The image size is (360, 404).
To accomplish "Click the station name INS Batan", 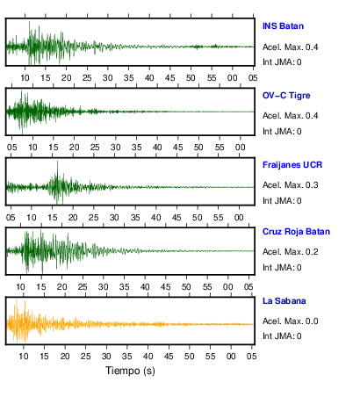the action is coord(283,26).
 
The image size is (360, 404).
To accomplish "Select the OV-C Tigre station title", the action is coord(286,96).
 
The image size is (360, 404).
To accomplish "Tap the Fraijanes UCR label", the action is coord(292,165).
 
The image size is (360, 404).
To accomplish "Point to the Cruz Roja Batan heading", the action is coord(296,232).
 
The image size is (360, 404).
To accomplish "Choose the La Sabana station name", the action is coord(284,301).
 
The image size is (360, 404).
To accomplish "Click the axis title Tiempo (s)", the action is coord(130,371).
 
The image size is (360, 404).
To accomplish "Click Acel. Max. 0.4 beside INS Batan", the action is coord(290,47).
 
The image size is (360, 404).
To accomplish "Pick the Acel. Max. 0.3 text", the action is coord(290,185).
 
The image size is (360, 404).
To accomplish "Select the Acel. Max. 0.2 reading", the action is coord(290,252).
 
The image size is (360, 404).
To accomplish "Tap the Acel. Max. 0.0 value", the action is coord(290,321).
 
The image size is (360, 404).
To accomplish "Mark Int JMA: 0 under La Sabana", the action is coord(282,335).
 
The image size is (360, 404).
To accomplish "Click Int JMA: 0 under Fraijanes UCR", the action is coord(282,201).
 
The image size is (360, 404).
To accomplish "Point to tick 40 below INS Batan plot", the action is coord(149,78).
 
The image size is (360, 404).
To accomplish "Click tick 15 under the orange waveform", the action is coord(44,357).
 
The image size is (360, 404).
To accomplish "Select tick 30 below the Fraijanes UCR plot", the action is coord(114,218).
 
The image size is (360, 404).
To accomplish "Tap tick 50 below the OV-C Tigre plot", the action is coord(198,148).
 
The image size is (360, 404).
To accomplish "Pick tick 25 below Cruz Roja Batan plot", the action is coord(83,287).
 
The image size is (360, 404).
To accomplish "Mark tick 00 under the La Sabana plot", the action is coord(231,357).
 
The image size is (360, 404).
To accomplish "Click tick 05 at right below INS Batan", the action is coord(253,78).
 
